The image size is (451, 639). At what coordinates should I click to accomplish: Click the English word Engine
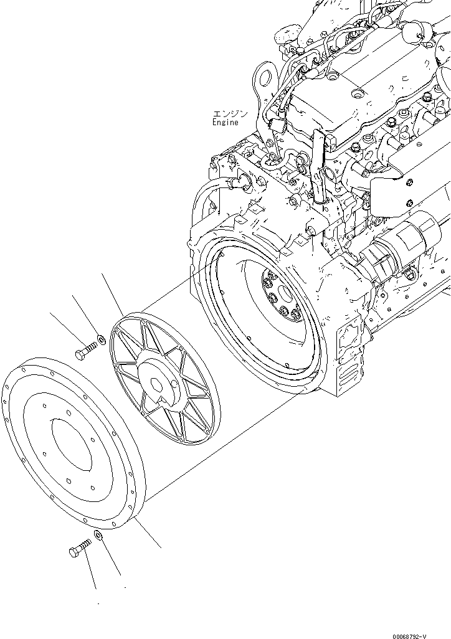tap(224, 123)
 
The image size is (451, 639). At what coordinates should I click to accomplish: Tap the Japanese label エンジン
tap(230, 114)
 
